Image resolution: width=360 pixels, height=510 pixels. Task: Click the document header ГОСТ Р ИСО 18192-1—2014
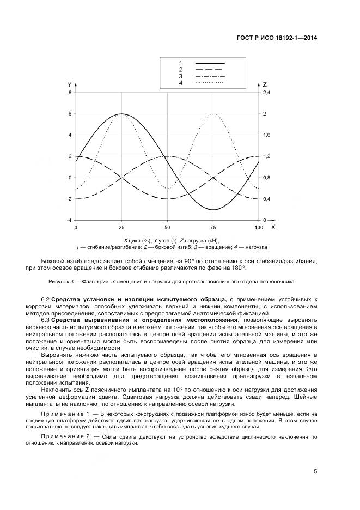pyautogui.click(x=277, y=38)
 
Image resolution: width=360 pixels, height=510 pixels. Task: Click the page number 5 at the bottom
pyautogui.click(x=315, y=472)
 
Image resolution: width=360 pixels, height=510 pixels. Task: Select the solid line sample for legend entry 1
pyautogui.click(x=210, y=63)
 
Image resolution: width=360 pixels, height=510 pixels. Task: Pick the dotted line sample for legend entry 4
pyautogui.click(x=210, y=82)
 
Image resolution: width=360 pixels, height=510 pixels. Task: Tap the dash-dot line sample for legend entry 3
pyautogui.click(x=210, y=76)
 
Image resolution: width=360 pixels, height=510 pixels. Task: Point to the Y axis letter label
pyautogui.click(x=69, y=85)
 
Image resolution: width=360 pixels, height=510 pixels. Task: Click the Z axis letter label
pyautogui.click(x=265, y=85)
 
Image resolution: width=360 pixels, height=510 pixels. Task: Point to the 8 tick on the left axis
pyautogui.click(x=69, y=93)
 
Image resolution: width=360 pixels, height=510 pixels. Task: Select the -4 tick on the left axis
pyautogui.click(x=68, y=220)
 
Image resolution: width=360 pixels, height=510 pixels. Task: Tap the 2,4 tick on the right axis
pyautogui.click(x=266, y=93)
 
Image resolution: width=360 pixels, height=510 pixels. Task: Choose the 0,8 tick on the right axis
pyautogui.click(x=266, y=178)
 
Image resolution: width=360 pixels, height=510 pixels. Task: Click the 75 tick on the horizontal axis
pyautogui.click(x=213, y=227)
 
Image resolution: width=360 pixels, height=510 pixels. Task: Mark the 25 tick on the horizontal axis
pyautogui.click(x=121, y=227)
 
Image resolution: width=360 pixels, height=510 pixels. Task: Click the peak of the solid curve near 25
pyautogui.click(x=121, y=114)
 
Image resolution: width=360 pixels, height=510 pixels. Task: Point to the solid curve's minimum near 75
pyautogui.click(x=213, y=209)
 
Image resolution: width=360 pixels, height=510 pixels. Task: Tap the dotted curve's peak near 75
pyautogui.click(x=213, y=114)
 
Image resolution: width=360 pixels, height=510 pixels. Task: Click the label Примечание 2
pyautogui.click(x=64, y=437)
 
